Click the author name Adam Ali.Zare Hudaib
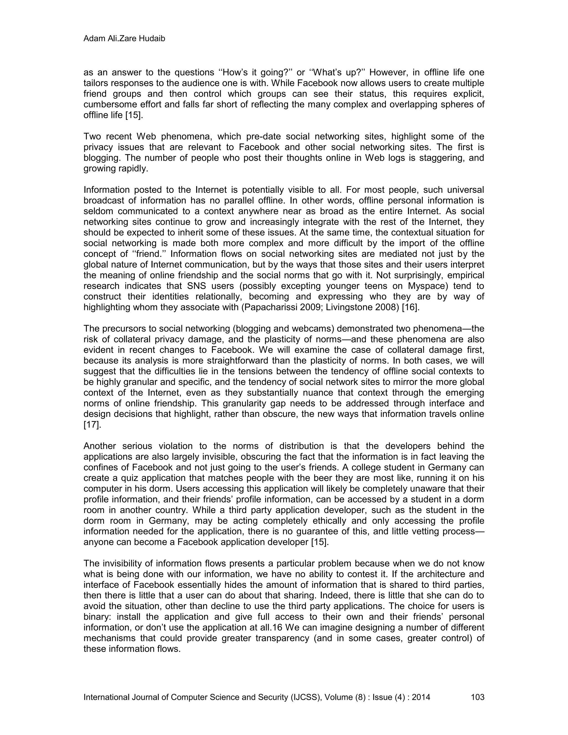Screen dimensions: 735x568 pyautogui.click(x=124, y=39)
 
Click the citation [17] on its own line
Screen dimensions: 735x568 pyautogui.click(x=92, y=425)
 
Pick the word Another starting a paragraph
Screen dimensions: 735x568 pyautogui.click(x=100, y=446)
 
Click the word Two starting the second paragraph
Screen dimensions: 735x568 pyautogui.click(x=92, y=136)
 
